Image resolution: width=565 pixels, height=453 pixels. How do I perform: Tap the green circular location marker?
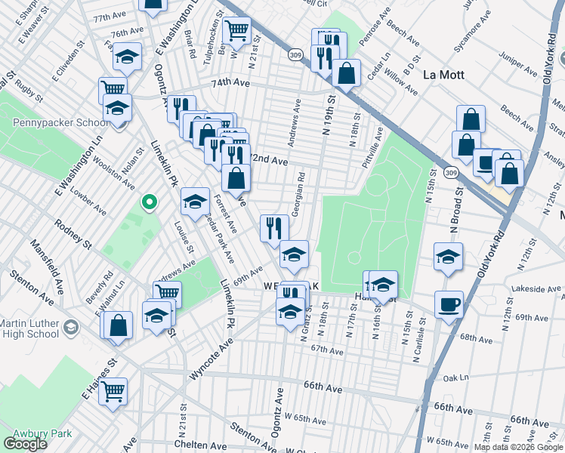(x=150, y=202)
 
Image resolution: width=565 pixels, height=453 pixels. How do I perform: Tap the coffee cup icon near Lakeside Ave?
(x=449, y=305)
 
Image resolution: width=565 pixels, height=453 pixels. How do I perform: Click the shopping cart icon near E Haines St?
(x=113, y=391)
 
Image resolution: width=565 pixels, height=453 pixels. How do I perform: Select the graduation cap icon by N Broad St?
(x=449, y=257)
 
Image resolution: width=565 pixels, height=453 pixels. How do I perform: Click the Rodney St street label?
(x=73, y=235)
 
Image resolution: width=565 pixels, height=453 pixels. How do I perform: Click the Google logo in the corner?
(x=25, y=444)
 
